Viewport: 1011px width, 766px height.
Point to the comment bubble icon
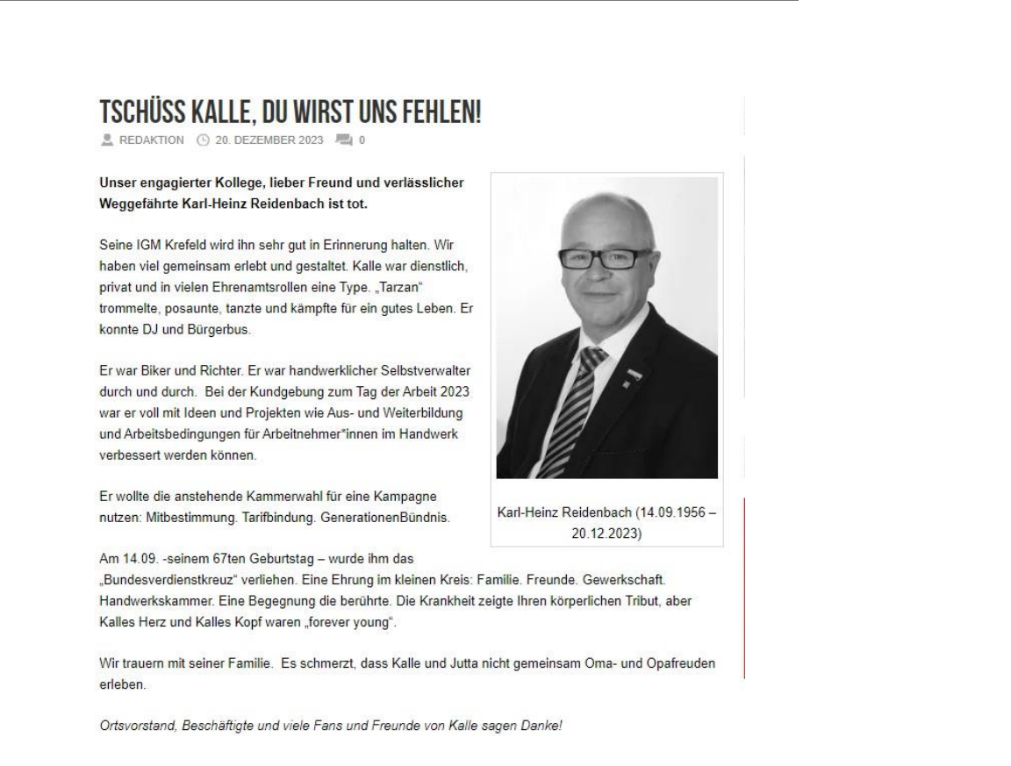pyautogui.click(x=343, y=140)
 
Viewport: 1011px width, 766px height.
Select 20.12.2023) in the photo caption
pyautogui.click(x=606, y=532)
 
